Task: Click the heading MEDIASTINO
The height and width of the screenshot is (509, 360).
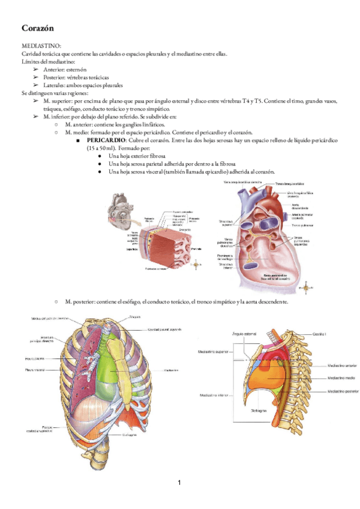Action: click(x=40, y=46)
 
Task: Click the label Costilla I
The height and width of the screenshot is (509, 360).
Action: click(x=320, y=334)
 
